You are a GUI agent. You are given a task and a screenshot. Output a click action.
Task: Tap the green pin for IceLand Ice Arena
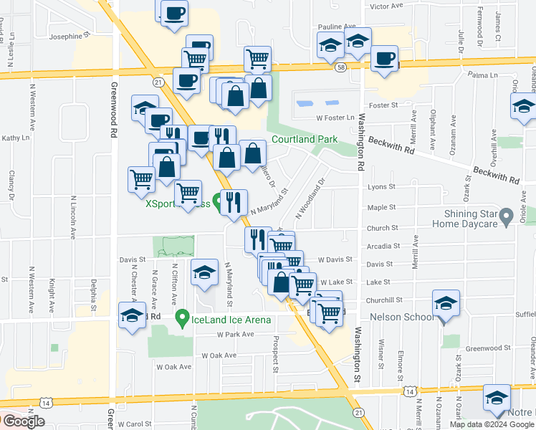183,317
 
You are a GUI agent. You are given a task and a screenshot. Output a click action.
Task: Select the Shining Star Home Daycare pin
507,215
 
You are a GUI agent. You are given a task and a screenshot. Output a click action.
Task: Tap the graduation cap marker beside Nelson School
446,304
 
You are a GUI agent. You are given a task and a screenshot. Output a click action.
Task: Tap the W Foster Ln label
336,118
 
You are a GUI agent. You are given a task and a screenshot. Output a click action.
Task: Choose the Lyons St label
381,186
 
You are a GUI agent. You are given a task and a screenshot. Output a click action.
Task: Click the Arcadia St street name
382,246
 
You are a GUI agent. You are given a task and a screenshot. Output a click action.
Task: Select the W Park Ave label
236,334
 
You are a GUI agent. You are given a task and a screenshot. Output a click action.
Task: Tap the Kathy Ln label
14,138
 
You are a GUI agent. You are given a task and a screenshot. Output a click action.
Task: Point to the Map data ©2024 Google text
492,424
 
